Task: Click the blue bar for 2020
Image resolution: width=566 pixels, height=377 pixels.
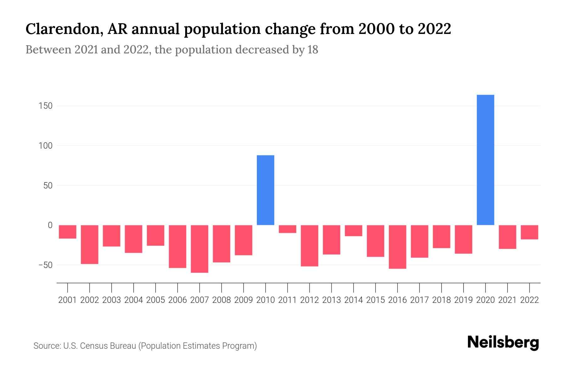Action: pos(486,160)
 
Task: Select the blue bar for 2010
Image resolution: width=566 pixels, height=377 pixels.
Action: pos(265,190)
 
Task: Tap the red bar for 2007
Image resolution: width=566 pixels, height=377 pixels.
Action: pos(199,249)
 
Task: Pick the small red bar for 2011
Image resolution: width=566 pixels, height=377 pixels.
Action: pos(287,229)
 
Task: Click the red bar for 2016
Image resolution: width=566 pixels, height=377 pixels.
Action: pos(397,247)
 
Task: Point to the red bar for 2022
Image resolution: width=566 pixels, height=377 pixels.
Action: pos(530,232)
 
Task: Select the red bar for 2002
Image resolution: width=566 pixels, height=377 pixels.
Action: pos(90,244)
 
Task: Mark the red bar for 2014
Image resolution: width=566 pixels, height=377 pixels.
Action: pos(353,231)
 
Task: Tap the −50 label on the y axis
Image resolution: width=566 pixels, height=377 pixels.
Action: pos(45,265)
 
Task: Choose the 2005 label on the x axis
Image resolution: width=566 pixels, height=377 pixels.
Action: pos(156,300)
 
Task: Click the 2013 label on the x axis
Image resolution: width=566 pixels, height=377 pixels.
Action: pos(331,300)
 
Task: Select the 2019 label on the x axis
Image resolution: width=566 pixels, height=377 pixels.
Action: pos(463,300)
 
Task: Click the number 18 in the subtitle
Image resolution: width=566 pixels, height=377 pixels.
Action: pos(313,50)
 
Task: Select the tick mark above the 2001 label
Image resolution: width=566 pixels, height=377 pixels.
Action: pos(68,287)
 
